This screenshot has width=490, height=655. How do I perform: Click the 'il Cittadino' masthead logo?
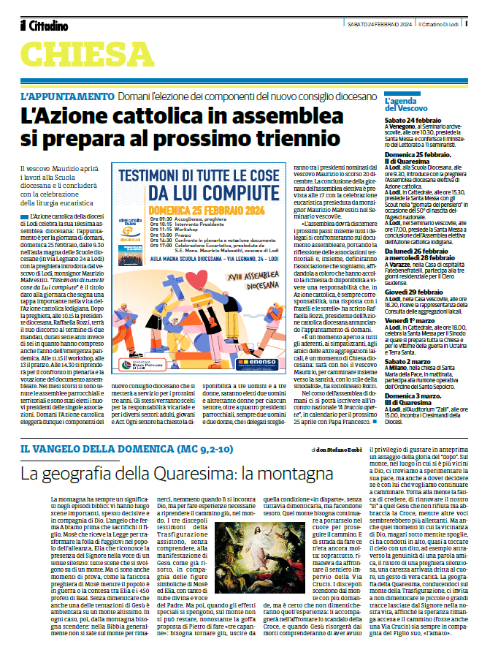tap(45, 26)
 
